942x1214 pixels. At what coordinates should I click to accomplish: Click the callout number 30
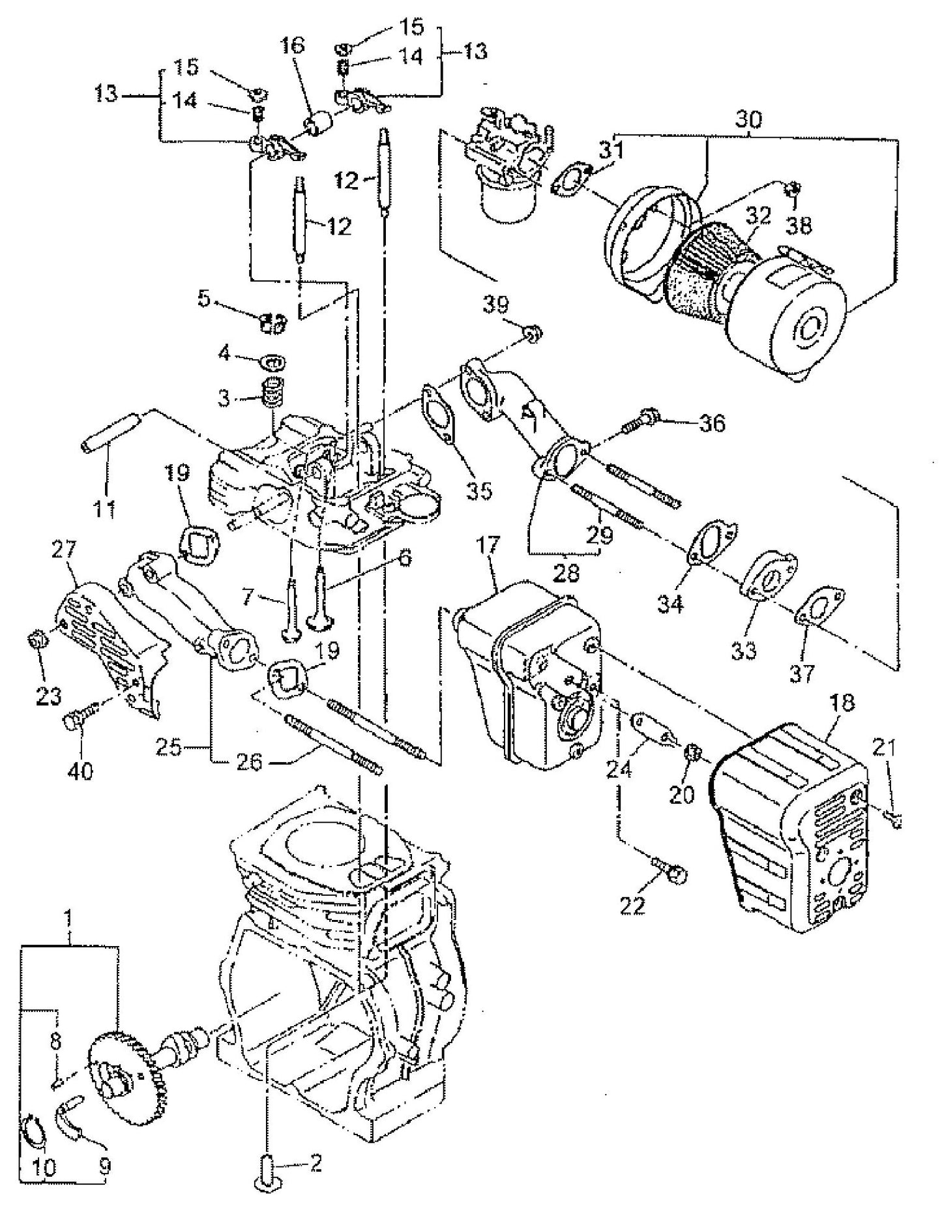click(749, 119)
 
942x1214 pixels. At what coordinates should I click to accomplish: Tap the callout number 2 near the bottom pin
click(315, 1164)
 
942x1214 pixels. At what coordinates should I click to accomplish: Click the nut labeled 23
click(38, 642)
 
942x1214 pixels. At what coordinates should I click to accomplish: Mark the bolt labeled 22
click(670, 871)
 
